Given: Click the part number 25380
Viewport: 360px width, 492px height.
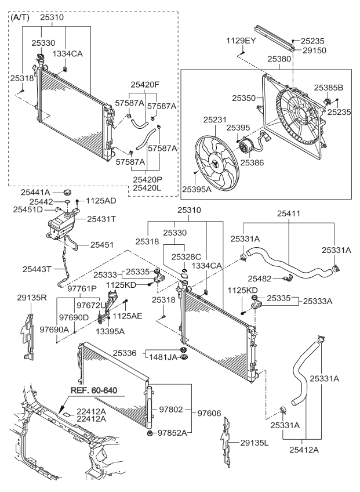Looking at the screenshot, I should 280,59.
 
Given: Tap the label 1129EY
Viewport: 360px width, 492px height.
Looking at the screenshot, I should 241,41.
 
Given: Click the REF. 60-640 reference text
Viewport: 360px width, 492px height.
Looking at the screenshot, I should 94,391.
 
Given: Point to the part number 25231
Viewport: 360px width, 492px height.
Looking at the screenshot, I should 215,120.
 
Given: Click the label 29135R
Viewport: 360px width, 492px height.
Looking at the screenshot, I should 31,297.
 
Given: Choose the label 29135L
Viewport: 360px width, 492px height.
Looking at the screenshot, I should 255,443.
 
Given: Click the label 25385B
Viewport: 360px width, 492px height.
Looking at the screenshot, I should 329,87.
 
